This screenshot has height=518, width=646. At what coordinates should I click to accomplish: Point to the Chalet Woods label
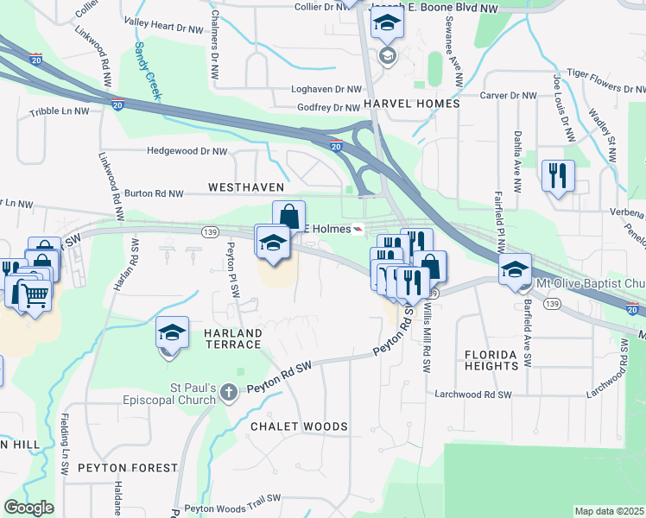coord(299,426)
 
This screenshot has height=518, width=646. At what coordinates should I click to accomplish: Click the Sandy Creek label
coord(144,68)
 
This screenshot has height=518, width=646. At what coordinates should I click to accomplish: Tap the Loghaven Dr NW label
coord(326,89)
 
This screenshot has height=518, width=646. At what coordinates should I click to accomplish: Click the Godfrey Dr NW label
coord(327,108)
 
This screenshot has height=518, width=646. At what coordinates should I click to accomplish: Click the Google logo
coord(28,508)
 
